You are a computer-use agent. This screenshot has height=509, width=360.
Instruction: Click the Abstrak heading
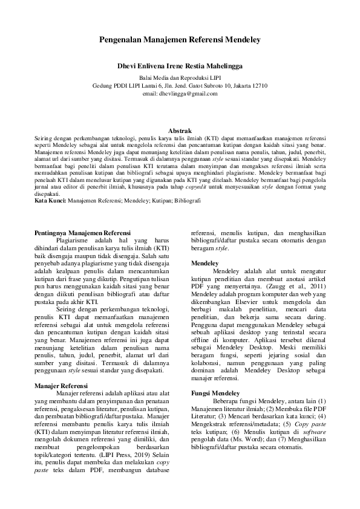pos(180,131)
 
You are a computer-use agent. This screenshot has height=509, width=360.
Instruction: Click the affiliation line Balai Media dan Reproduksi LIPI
pos(180,78)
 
